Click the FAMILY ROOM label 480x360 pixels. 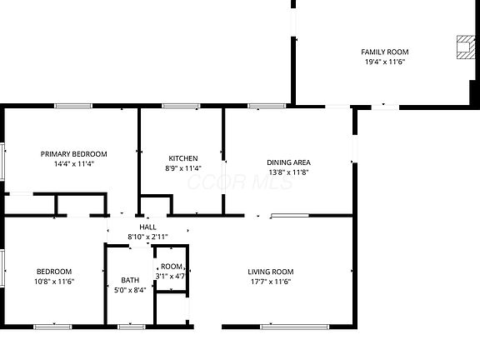385,52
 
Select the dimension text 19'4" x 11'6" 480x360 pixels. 385,62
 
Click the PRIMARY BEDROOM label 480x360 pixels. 74,154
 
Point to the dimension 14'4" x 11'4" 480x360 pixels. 74,164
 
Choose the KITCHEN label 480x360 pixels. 183,158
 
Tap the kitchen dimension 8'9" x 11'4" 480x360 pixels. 183,168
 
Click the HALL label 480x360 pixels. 147,227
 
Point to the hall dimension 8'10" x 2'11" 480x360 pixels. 147,237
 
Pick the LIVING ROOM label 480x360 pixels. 271,272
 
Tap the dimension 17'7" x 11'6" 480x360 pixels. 271,282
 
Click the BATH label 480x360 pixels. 130,280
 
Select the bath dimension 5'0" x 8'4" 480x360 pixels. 130,291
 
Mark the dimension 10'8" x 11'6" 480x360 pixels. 53,282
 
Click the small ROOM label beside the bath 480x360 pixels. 172,267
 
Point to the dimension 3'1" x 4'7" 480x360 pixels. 171,276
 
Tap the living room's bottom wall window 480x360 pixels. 282,326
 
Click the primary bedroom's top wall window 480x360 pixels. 73,106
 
